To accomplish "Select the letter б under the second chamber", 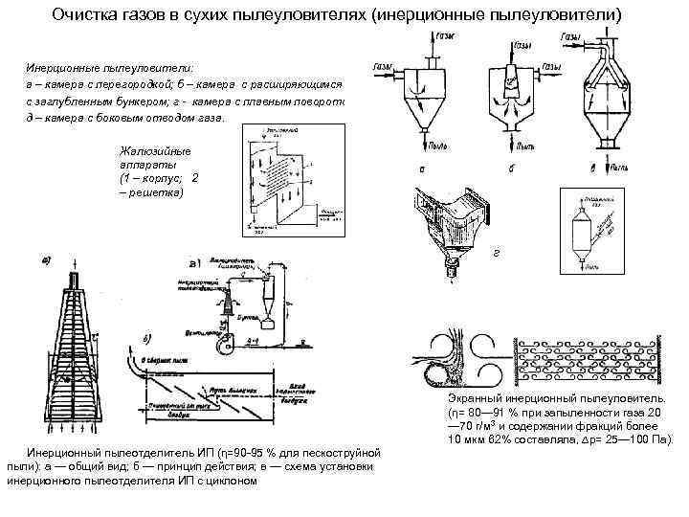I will pos(515,169).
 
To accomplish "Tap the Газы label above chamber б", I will pos(522,45).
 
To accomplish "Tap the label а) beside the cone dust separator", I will pos(45,259).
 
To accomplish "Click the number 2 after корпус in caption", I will pos(195,178).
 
